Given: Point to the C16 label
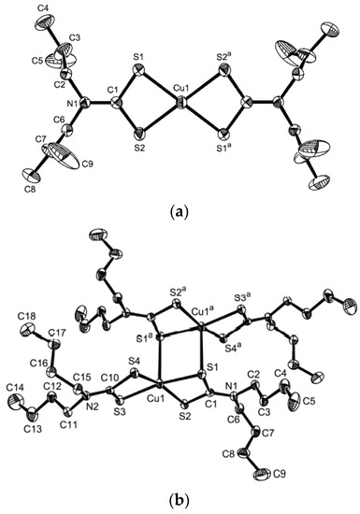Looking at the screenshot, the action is tap(36, 369).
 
